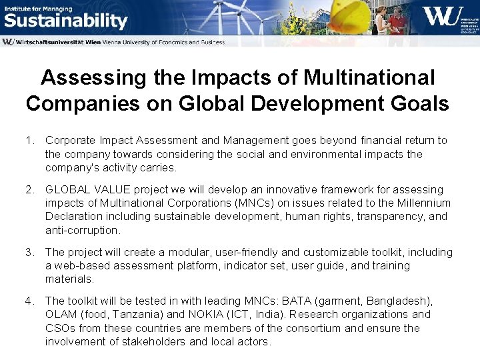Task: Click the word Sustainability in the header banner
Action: pyautogui.click(x=65, y=21)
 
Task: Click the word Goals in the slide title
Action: pyautogui.click(x=421, y=104)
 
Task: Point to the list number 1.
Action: pyautogui.click(x=29, y=141)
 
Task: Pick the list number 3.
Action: pyautogui.click(x=29, y=253)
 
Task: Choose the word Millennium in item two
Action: pyautogui.click(x=419, y=203)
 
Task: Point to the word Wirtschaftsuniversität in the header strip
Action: pyautogui.click(x=56, y=42)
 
